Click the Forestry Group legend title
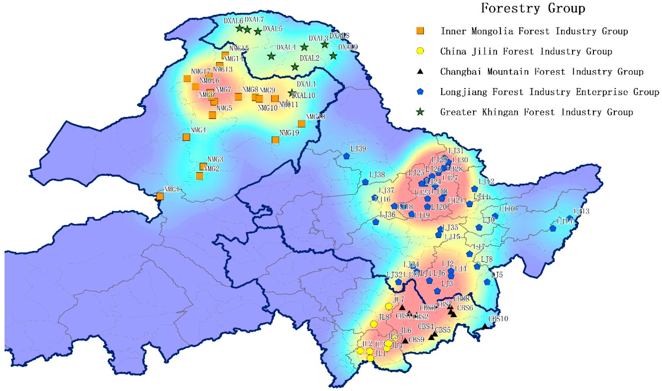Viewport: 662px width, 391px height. (533, 8)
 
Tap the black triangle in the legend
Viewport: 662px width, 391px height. (421, 71)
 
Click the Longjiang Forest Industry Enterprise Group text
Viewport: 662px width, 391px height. (549, 92)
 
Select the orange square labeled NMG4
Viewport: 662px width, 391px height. (186, 137)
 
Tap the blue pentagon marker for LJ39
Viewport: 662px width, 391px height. (346, 156)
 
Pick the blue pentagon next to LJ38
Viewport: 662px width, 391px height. (365, 182)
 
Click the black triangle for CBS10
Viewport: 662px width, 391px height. (485, 326)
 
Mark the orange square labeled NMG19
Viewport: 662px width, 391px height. (275, 140)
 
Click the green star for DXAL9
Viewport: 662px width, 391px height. (333, 56)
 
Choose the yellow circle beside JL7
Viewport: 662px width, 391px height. (388, 306)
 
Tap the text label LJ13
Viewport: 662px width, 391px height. (581, 211)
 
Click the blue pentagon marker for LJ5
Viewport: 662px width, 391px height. (487, 282)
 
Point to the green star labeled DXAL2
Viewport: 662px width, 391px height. (295, 67)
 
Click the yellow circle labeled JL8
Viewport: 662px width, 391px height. (374, 324)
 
